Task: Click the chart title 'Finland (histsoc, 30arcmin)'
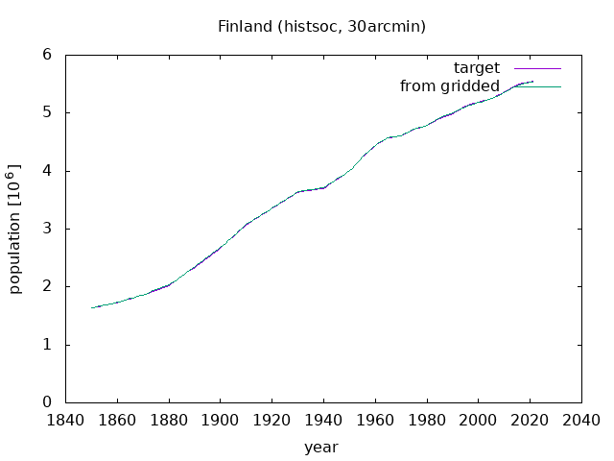pyautogui.click(x=321, y=27)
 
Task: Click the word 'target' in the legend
pyautogui.click(x=477, y=68)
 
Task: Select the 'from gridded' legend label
pyautogui.click(x=450, y=86)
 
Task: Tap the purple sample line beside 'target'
pyautogui.click(x=537, y=68)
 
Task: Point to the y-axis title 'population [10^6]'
pyautogui.click(x=14, y=229)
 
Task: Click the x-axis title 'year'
pyautogui.click(x=321, y=448)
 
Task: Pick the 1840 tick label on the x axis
pyautogui.click(x=65, y=421)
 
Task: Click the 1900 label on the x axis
pyautogui.click(x=220, y=421)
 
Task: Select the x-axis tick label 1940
pyautogui.click(x=323, y=421)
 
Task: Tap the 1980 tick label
pyautogui.click(x=427, y=421)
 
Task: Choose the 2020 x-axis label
pyautogui.click(x=530, y=421)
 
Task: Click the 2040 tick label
pyautogui.click(x=581, y=421)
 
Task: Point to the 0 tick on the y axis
pyautogui.click(x=47, y=402)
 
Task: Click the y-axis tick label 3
pyautogui.click(x=47, y=229)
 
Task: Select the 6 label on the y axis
pyautogui.click(x=47, y=55)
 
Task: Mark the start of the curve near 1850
pyautogui.click(x=91, y=307)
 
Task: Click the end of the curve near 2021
pyautogui.click(x=532, y=82)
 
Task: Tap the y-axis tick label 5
pyautogui.click(x=47, y=113)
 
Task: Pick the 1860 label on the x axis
pyautogui.click(x=117, y=421)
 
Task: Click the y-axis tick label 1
pyautogui.click(x=47, y=345)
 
